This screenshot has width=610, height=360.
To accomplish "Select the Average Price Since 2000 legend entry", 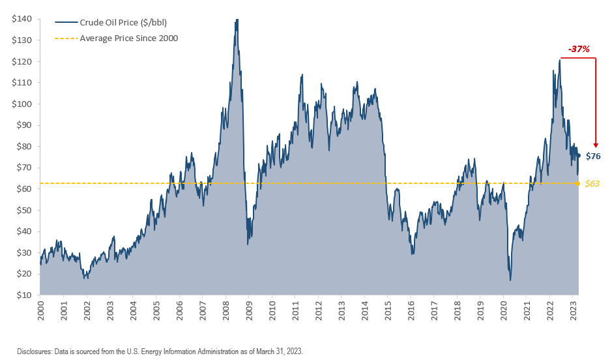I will click(128, 38).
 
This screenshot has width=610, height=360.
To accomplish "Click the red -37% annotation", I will click(578, 49).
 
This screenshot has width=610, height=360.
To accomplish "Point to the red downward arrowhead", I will click(596, 144).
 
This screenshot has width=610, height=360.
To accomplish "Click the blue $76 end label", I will click(593, 156).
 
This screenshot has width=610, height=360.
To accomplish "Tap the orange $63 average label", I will click(592, 184).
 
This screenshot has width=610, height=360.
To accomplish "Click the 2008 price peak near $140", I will click(237, 20).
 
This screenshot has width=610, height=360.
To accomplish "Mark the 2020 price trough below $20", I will click(510, 280).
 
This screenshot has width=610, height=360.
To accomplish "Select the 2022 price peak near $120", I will click(560, 61).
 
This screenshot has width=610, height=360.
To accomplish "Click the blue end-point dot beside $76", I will click(579, 155).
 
